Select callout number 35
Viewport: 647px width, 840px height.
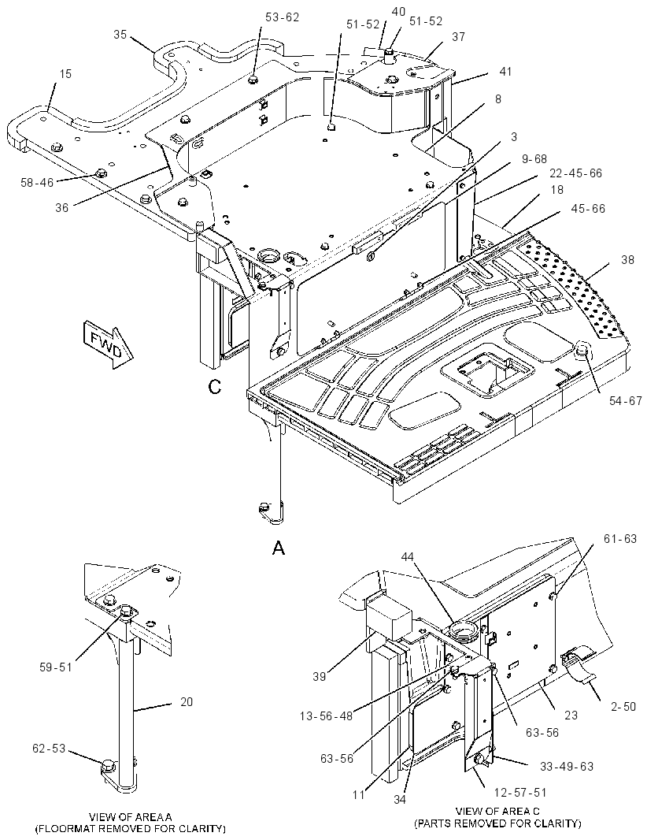120,35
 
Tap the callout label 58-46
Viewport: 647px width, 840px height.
37,183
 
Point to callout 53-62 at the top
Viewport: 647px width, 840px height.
282,17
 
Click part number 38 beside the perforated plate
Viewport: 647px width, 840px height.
627,260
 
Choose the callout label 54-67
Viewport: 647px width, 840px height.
625,400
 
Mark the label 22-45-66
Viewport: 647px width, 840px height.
576,173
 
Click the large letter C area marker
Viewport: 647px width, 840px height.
215,387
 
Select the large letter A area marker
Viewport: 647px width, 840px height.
279,548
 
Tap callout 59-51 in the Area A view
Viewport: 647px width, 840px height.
55,667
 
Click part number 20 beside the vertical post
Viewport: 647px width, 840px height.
187,701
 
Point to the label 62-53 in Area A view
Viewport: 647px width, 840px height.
49,748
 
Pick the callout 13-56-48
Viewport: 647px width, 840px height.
327,715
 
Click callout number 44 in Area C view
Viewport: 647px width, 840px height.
407,557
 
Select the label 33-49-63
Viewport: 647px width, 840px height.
567,767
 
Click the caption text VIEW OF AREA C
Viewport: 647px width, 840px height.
497,811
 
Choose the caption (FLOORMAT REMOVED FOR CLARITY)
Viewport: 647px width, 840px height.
130,829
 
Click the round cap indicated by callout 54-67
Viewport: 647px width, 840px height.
582,352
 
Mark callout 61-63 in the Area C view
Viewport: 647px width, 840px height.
620,538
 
